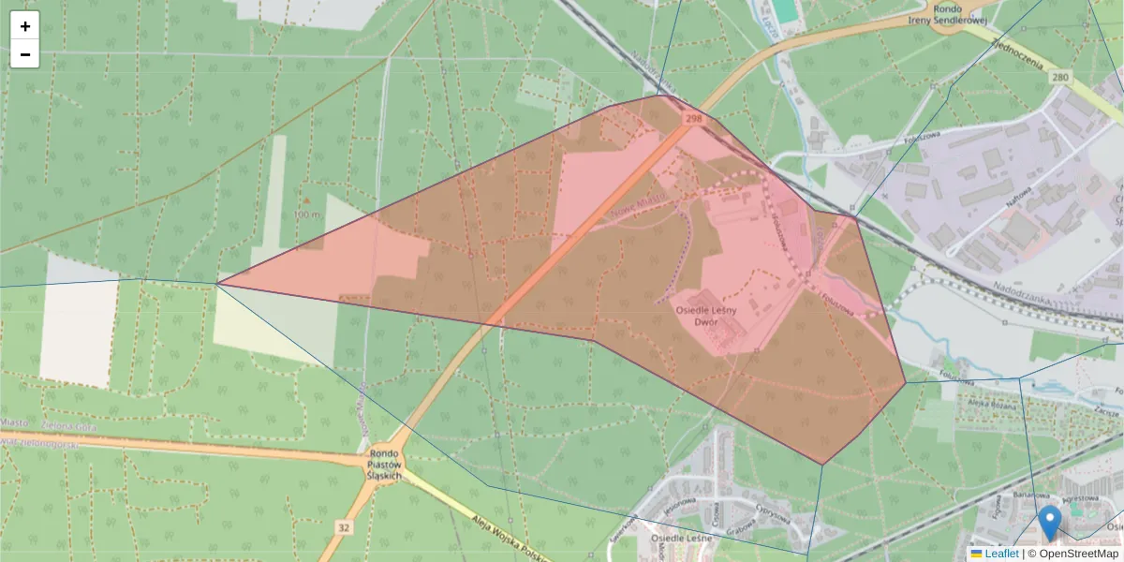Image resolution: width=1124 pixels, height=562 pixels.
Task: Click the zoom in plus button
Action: [24, 25]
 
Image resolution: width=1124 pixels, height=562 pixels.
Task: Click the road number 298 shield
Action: [693, 119]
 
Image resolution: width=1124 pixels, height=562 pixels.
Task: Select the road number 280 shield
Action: [1059, 77]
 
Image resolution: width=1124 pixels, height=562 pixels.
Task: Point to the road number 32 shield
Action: [344, 528]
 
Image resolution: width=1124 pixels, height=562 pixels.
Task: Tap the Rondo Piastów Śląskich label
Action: [385, 465]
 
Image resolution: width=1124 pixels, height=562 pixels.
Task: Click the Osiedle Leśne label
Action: [681, 539]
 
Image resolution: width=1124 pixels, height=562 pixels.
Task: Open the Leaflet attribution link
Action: [1001, 554]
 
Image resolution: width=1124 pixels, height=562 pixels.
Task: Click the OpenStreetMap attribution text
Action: [1072, 554]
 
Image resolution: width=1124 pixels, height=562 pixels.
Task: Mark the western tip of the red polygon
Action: [217, 284]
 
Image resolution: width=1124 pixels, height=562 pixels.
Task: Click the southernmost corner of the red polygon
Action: [822, 465]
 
